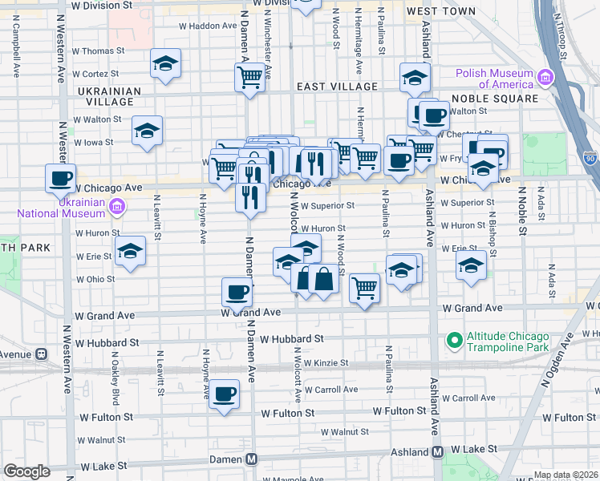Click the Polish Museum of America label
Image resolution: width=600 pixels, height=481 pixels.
coord(495,79)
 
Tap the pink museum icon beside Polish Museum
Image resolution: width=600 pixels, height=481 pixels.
coord(546,78)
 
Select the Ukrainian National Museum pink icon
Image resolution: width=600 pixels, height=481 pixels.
coord(117,207)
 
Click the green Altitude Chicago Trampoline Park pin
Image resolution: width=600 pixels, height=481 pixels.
coord(455,341)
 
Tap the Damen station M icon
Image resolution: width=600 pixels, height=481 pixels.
coord(252,459)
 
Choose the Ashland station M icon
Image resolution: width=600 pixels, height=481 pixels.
coord(437,451)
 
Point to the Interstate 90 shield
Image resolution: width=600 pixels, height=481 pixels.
coord(590,159)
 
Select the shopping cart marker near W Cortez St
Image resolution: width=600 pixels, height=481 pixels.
coord(250,77)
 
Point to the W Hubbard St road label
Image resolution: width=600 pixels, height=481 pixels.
coord(290,340)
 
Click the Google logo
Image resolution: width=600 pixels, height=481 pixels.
coord(26,471)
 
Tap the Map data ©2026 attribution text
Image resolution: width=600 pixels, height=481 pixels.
coord(566,475)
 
